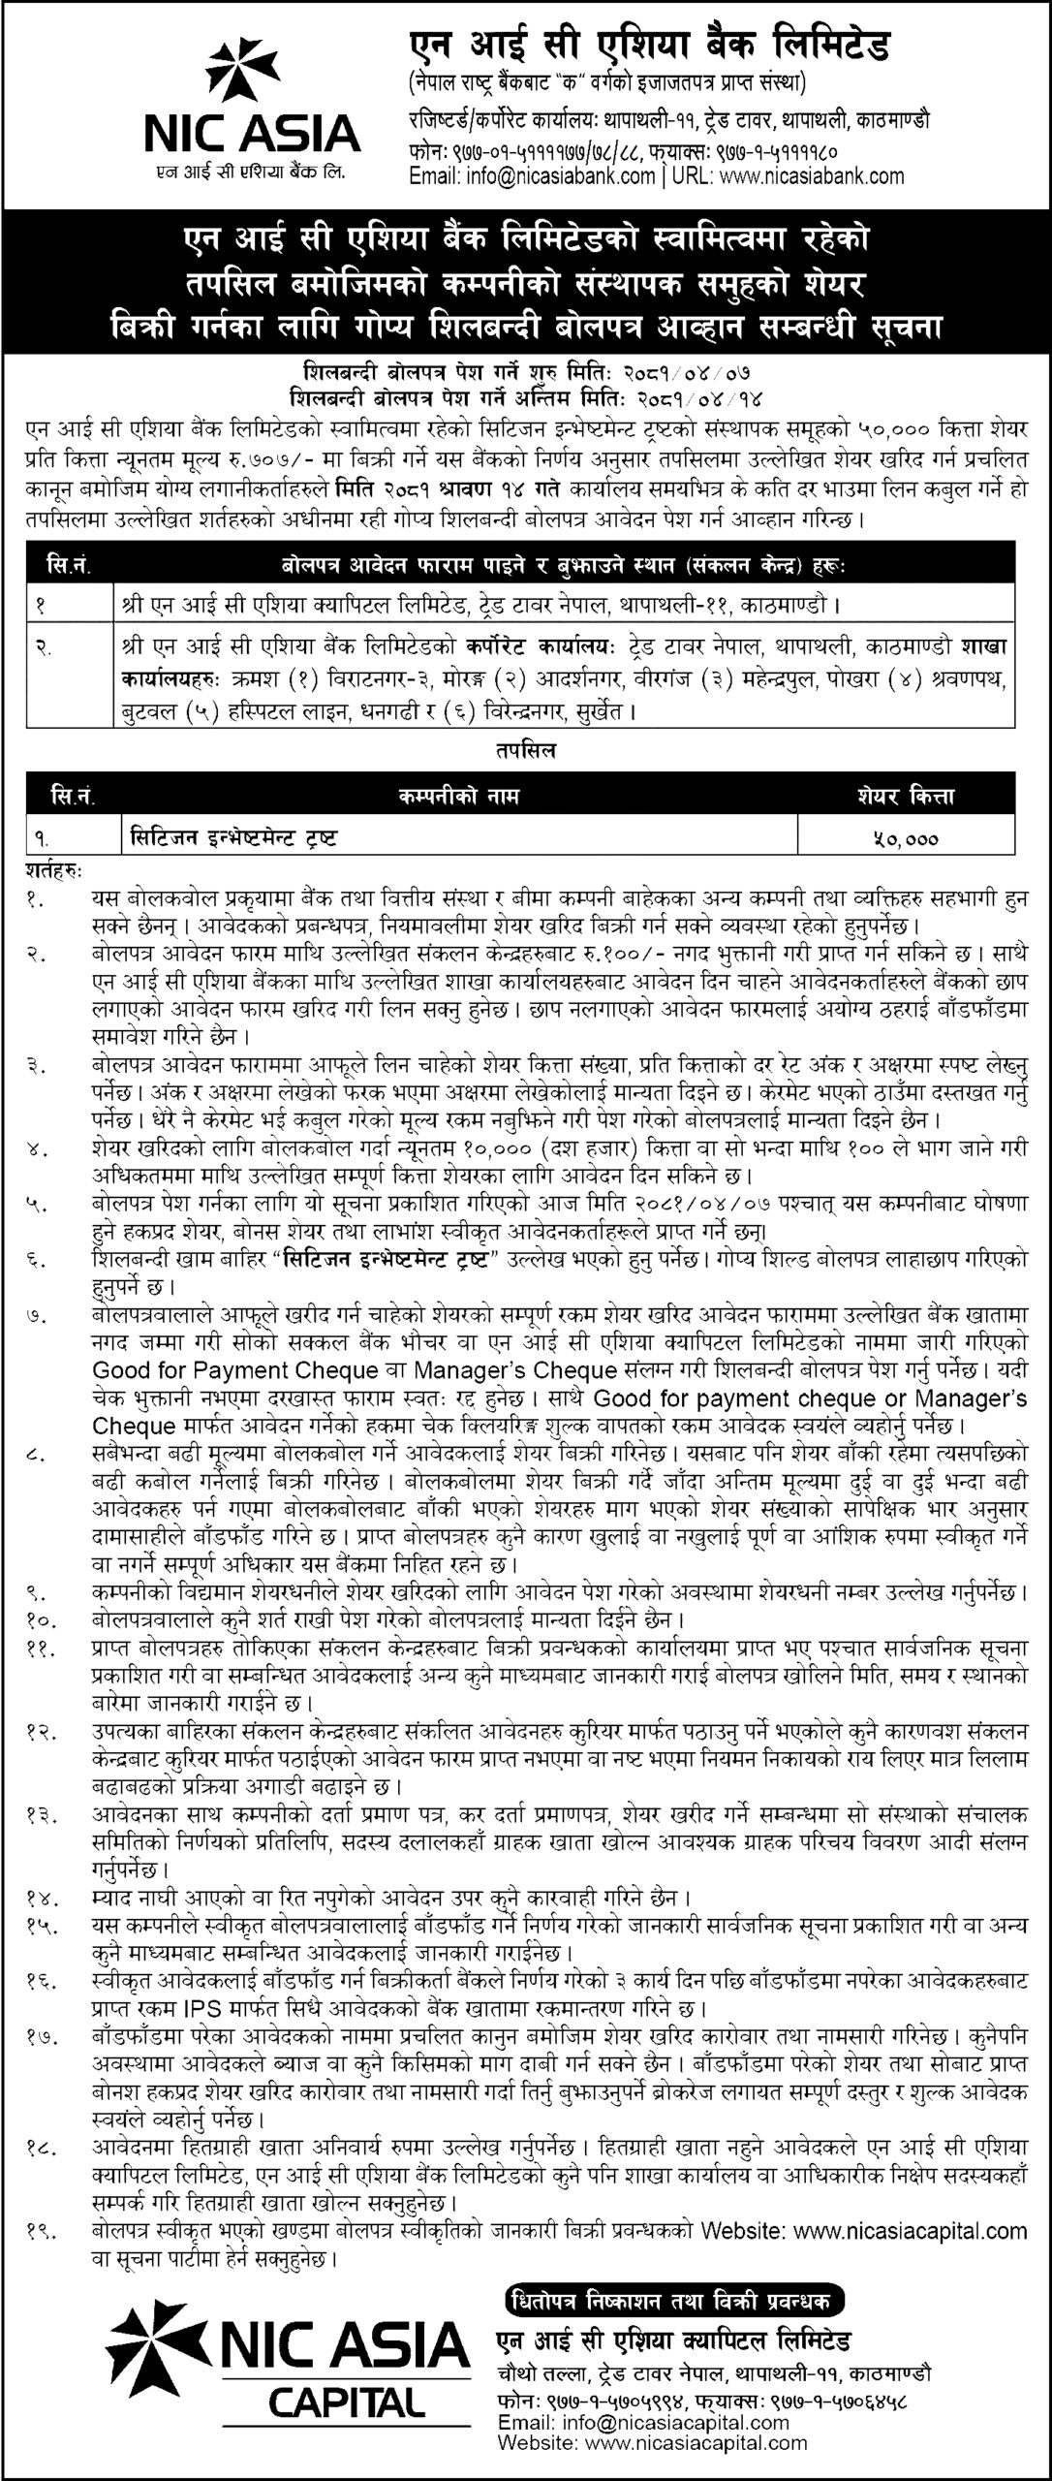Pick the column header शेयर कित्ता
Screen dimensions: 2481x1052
[x=906, y=797]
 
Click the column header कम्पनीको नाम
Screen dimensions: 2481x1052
[x=457, y=797]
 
